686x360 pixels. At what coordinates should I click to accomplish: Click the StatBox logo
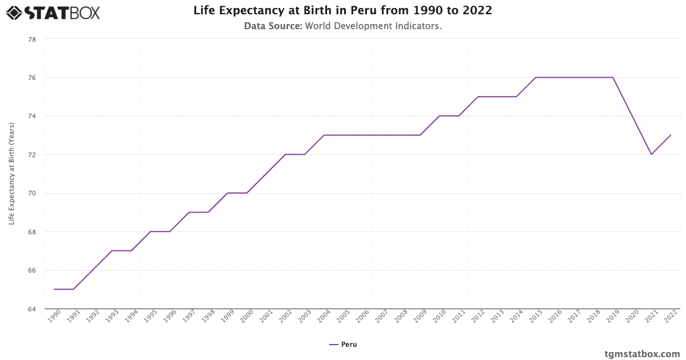pyautogui.click(x=53, y=12)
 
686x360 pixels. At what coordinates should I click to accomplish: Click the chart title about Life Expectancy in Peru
pyautogui.click(x=342, y=10)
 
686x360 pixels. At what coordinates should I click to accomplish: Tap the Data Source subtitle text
pyautogui.click(x=342, y=26)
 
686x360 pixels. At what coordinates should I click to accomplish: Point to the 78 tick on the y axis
pyautogui.click(x=32, y=39)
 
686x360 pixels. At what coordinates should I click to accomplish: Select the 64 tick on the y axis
pyautogui.click(x=32, y=309)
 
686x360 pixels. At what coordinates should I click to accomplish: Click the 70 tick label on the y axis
pyautogui.click(x=32, y=193)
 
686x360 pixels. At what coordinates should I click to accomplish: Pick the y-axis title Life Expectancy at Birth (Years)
pyautogui.click(x=11, y=173)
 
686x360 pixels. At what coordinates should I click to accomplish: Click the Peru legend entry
pyautogui.click(x=343, y=345)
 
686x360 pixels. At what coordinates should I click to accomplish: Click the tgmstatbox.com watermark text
pyautogui.click(x=642, y=354)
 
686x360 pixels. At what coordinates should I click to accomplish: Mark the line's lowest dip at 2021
pyautogui.click(x=651, y=154)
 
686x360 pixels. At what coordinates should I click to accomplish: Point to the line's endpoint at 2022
pyautogui.click(x=671, y=135)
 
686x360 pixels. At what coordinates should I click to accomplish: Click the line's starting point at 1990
pyautogui.click(x=54, y=289)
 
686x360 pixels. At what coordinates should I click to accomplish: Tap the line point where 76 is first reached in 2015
pyautogui.click(x=536, y=77)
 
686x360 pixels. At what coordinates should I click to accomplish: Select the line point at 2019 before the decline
pyautogui.click(x=613, y=77)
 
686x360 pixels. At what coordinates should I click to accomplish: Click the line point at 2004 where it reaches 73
pyautogui.click(x=324, y=135)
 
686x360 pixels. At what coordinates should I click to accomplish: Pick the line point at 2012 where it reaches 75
pyautogui.click(x=478, y=97)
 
